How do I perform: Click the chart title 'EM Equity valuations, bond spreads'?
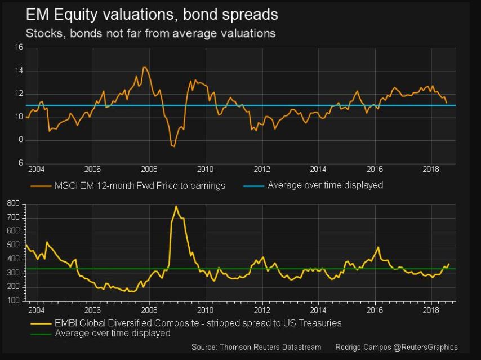152,14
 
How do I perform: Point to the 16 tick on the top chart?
19,48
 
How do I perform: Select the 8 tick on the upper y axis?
20,140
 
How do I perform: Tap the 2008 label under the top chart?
149,169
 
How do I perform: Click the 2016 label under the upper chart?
375,169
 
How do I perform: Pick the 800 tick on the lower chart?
14,203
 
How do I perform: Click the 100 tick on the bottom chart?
14,301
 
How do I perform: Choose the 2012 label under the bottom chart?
262,310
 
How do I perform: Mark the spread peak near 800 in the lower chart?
176,206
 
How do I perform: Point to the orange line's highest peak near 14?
144,68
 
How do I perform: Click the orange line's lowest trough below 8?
173,146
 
